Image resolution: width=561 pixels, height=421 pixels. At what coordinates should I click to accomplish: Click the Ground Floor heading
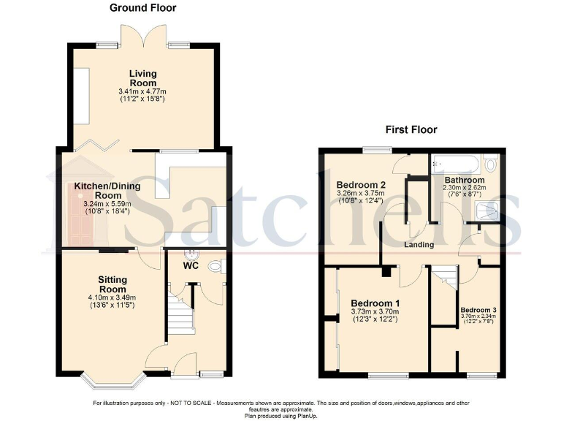(142, 8)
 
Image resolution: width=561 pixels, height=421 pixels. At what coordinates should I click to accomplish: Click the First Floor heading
(411, 130)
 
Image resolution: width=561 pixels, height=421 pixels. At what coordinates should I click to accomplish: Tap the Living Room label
(143, 78)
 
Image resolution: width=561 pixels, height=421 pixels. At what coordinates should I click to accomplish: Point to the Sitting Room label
(112, 284)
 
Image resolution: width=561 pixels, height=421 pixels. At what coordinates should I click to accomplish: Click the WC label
(191, 266)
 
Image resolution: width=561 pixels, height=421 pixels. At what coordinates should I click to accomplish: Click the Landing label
(419, 244)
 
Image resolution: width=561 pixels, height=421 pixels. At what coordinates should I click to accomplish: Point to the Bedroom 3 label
(478, 311)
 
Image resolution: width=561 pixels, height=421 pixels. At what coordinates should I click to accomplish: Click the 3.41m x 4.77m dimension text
(143, 91)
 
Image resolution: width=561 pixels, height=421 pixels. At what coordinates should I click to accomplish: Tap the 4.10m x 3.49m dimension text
(112, 297)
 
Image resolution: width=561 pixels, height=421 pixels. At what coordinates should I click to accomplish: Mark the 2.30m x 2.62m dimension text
(465, 188)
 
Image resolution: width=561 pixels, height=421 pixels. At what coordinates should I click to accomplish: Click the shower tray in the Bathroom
(485, 213)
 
